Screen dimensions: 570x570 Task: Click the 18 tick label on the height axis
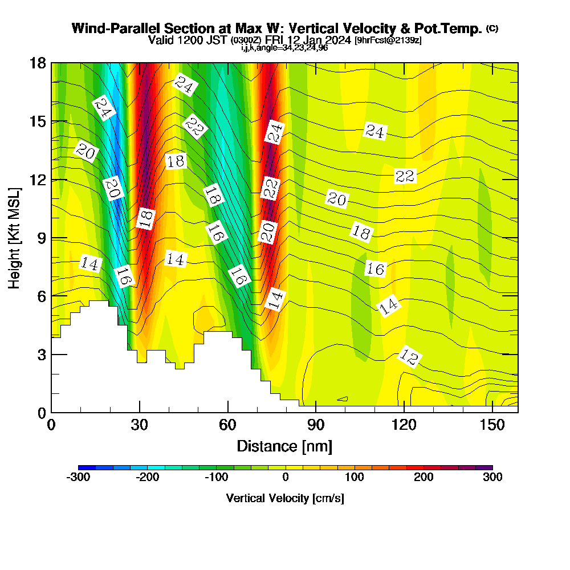point(38,63)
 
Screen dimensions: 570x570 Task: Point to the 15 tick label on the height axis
point(38,121)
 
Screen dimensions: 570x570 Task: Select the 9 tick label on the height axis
point(41,238)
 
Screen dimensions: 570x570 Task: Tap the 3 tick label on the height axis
point(41,354)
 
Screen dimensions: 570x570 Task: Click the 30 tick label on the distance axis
point(140,425)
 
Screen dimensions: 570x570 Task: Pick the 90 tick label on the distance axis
point(316,425)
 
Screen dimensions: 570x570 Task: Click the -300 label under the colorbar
point(78,478)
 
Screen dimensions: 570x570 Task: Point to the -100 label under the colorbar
point(216,478)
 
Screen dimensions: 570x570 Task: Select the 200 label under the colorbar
point(424,478)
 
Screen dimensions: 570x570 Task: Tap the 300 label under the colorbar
point(492,478)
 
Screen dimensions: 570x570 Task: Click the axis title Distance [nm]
point(284,445)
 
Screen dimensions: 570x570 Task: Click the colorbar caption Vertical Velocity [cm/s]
point(285,498)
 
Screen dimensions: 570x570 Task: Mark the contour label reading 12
point(409,357)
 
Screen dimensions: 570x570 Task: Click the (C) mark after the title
point(492,28)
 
